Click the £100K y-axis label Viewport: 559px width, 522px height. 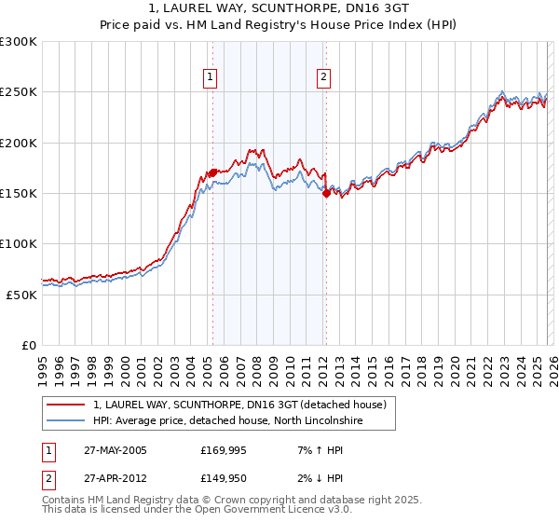tap(18, 243)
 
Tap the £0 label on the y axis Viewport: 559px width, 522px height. tap(29, 345)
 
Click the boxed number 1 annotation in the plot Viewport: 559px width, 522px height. tap(211, 78)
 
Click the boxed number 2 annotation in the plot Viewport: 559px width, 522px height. tap(323, 78)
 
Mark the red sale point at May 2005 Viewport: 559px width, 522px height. tap(212, 172)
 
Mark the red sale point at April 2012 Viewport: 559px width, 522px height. tap(326, 193)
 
